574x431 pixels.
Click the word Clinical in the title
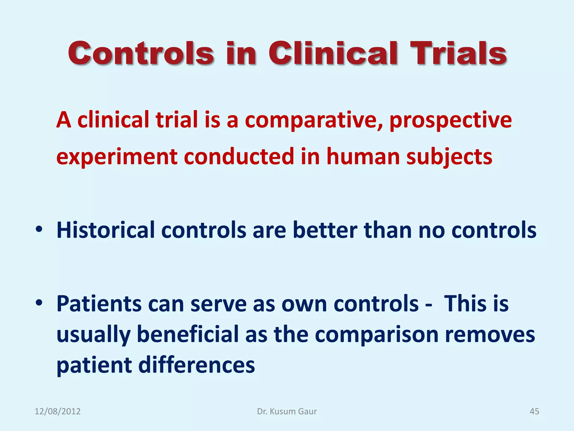point(333,53)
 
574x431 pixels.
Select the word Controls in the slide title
point(141,53)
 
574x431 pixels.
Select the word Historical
point(105,230)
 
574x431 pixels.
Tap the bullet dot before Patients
point(39,303)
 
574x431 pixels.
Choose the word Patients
point(99,304)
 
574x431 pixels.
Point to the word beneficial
point(188,334)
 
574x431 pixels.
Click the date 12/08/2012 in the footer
point(57,411)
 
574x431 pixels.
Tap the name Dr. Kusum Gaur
point(287,411)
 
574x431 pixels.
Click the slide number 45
point(534,411)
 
